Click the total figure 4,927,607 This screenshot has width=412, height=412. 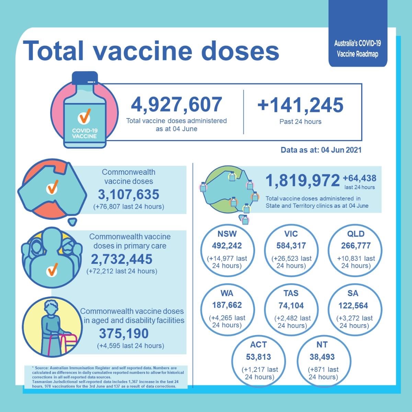tap(176, 105)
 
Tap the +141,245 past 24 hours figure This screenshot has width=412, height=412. tap(300, 105)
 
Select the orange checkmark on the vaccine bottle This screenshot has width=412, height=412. tap(84, 116)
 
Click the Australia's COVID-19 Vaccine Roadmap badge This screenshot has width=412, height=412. tap(358, 48)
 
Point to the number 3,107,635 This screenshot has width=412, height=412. tap(129, 195)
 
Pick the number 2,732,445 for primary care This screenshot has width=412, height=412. tap(122, 259)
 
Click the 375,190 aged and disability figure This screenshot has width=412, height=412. tap(124, 333)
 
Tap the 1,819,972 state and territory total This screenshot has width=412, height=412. tap(302, 181)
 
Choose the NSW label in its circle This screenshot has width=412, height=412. tap(227, 234)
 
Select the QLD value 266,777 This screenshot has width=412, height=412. tap(356, 245)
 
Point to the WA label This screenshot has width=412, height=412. tap(227, 294)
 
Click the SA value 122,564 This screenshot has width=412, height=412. tap(353, 305)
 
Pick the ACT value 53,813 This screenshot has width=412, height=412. tap(258, 357)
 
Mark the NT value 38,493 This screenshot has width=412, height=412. tap(322, 357)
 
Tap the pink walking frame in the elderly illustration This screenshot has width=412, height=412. tap(65, 343)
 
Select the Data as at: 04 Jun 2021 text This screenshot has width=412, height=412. tap(321, 150)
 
